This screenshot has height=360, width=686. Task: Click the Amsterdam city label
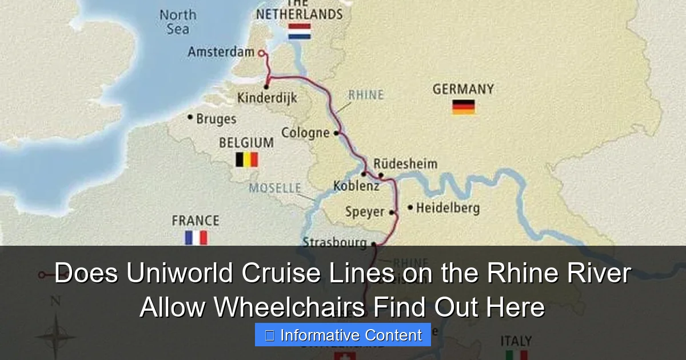pos(221,52)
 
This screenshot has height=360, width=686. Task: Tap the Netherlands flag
pos(300,31)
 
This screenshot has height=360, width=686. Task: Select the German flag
pos(464,107)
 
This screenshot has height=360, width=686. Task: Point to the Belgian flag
pos(247,159)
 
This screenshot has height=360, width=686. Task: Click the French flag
pos(196,237)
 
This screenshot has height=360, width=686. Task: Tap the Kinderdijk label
pos(267,98)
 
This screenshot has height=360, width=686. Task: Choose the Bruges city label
pos(216,119)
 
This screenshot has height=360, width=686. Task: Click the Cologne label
pos(305,133)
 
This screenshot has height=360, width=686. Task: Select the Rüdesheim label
pos(405,164)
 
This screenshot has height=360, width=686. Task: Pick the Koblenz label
pos(356,186)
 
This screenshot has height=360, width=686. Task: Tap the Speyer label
pos(365,212)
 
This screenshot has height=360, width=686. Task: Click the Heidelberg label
pos(448,208)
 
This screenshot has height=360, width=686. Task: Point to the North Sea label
pos(178,22)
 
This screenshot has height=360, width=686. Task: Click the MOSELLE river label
pos(275,187)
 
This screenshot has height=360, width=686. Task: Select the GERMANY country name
pos(463,90)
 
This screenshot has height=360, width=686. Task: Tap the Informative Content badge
pos(343,335)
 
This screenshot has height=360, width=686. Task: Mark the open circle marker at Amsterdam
pos(262,53)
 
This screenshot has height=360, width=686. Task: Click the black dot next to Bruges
pos(190,117)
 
